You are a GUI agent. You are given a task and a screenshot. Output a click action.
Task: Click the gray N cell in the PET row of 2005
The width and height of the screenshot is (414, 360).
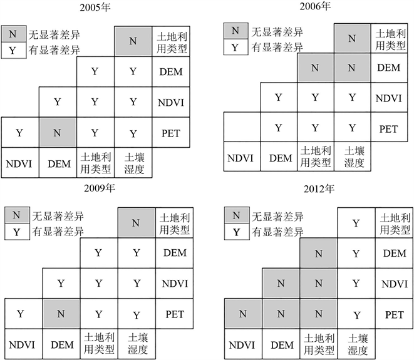pyautogui.click(x=58, y=133)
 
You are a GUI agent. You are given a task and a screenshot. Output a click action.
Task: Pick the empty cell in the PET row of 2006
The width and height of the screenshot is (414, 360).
pyautogui.click(x=241, y=128)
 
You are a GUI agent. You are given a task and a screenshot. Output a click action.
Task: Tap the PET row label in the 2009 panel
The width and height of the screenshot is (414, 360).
pyautogui.click(x=173, y=313)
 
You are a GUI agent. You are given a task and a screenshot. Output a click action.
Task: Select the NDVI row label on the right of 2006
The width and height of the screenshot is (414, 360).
pyautogui.click(x=389, y=97)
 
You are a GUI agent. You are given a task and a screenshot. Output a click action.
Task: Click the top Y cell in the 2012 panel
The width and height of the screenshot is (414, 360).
pyautogui.click(x=356, y=223)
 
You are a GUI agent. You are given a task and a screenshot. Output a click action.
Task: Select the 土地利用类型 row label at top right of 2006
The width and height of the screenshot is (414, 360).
pyautogui.click(x=389, y=36)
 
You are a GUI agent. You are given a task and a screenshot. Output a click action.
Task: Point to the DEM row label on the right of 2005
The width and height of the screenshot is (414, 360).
pyautogui.click(x=171, y=72)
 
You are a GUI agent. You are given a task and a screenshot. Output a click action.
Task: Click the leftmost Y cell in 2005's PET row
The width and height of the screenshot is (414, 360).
pyautogui.click(x=19, y=133)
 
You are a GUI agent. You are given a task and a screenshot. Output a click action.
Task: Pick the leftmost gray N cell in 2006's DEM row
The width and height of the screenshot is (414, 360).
pyautogui.click(x=315, y=67)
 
